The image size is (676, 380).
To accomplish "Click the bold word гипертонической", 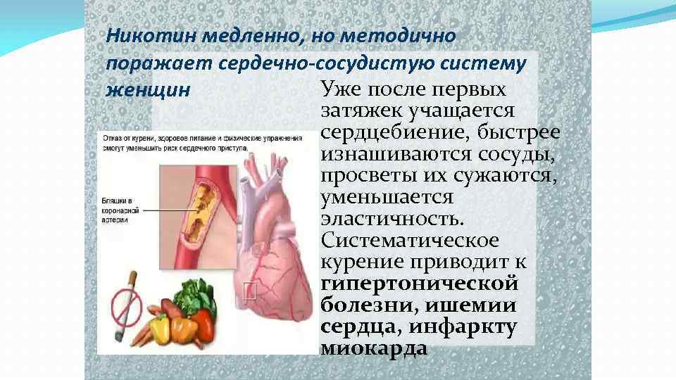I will pyautogui.click(x=420, y=284).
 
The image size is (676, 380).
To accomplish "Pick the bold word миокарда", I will pyautogui.click(x=374, y=348).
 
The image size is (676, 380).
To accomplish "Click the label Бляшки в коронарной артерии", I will pyautogui.click(x=116, y=210).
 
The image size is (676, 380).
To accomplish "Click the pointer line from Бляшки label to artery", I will pyautogui.click(x=165, y=209).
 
